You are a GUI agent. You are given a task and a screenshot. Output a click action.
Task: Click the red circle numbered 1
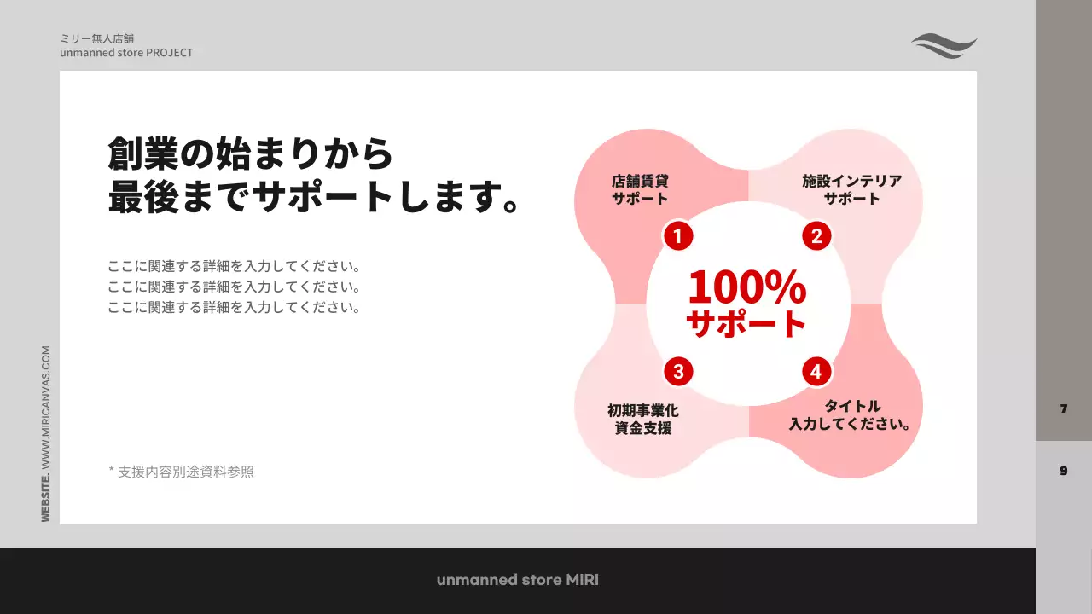tap(678, 236)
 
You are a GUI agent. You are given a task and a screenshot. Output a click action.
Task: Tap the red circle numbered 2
tap(816, 236)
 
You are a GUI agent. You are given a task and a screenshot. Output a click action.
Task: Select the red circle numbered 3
tap(678, 371)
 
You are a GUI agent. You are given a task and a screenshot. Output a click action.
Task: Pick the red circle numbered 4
tap(816, 371)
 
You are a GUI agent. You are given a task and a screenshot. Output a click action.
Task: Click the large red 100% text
tap(746, 287)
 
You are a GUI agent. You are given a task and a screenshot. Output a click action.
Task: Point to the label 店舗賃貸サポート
tap(640, 189)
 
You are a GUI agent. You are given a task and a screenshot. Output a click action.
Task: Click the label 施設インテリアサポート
tap(851, 189)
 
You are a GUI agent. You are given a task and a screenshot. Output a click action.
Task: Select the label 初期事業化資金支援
tap(643, 419)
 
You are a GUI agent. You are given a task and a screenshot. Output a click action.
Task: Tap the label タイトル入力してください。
tap(851, 414)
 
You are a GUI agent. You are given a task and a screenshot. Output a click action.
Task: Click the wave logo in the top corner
tap(944, 46)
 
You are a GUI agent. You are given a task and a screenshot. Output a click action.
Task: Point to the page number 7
tap(1064, 408)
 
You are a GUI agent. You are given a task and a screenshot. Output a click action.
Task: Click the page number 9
tap(1064, 471)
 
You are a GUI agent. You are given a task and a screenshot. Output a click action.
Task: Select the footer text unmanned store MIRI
tap(518, 580)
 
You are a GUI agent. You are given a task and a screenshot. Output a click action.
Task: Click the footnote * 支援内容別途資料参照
tap(181, 471)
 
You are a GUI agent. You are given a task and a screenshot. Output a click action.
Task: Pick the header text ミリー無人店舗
tap(96, 38)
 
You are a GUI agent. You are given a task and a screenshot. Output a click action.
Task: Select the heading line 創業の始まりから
tap(251, 154)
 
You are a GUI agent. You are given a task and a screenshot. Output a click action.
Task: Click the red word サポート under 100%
tap(746, 323)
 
